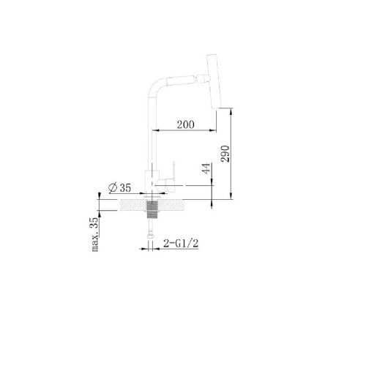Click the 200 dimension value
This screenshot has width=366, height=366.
[186, 124]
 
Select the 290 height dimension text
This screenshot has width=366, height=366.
[225, 154]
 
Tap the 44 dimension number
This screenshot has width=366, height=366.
[206, 168]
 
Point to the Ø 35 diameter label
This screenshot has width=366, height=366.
[120, 187]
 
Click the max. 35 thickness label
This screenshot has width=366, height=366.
[95, 234]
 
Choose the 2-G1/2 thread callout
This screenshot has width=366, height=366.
[181, 243]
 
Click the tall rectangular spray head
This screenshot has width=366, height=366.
[214, 81]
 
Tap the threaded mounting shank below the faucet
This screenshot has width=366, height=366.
[152, 209]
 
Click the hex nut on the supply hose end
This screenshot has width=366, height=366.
[151, 236]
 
